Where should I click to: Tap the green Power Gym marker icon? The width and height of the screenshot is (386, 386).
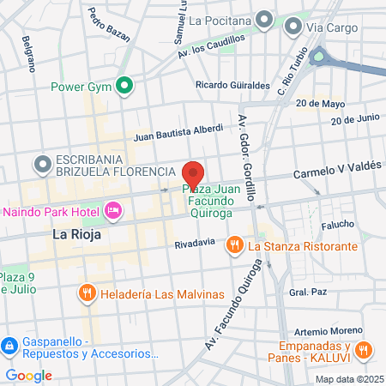click(x=124, y=85)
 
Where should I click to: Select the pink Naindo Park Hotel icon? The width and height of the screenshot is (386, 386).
click(x=112, y=210)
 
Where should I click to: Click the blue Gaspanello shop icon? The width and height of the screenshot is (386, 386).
click(x=9, y=345)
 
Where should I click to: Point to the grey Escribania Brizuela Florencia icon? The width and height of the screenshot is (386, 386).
click(x=41, y=163)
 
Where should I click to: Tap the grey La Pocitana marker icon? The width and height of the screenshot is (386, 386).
click(x=265, y=19)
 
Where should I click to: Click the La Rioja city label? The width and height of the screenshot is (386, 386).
click(x=77, y=233)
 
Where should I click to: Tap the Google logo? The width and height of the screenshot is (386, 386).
click(x=28, y=375)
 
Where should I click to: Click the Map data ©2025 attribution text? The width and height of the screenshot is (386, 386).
click(x=348, y=379)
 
